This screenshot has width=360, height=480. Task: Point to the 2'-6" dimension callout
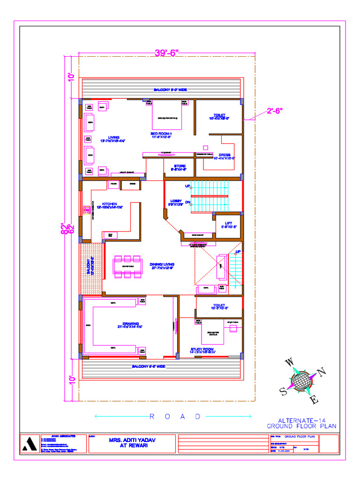pyautogui.click(x=275, y=111)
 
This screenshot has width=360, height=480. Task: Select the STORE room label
pyautogui.click(x=180, y=168)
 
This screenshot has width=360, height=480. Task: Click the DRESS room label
pyautogui.click(x=225, y=157)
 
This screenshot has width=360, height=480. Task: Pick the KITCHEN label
pyautogui.click(x=109, y=205)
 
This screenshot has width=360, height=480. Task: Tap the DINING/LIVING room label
pyautogui.click(x=162, y=266)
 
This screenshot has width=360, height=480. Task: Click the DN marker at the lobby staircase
pyautogui.click(x=187, y=202)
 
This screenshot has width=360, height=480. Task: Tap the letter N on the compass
pyautogui.click(x=322, y=373)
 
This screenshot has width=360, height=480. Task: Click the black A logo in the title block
pyautogui.click(x=31, y=444)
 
